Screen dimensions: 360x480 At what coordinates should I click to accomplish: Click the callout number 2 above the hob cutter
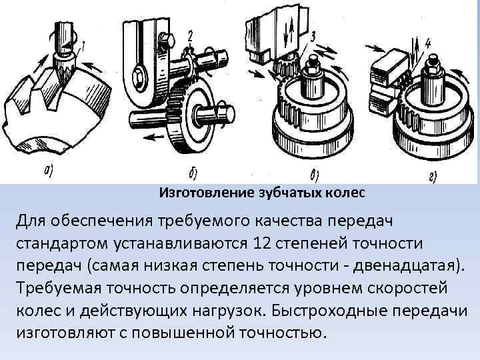[191, 35]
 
